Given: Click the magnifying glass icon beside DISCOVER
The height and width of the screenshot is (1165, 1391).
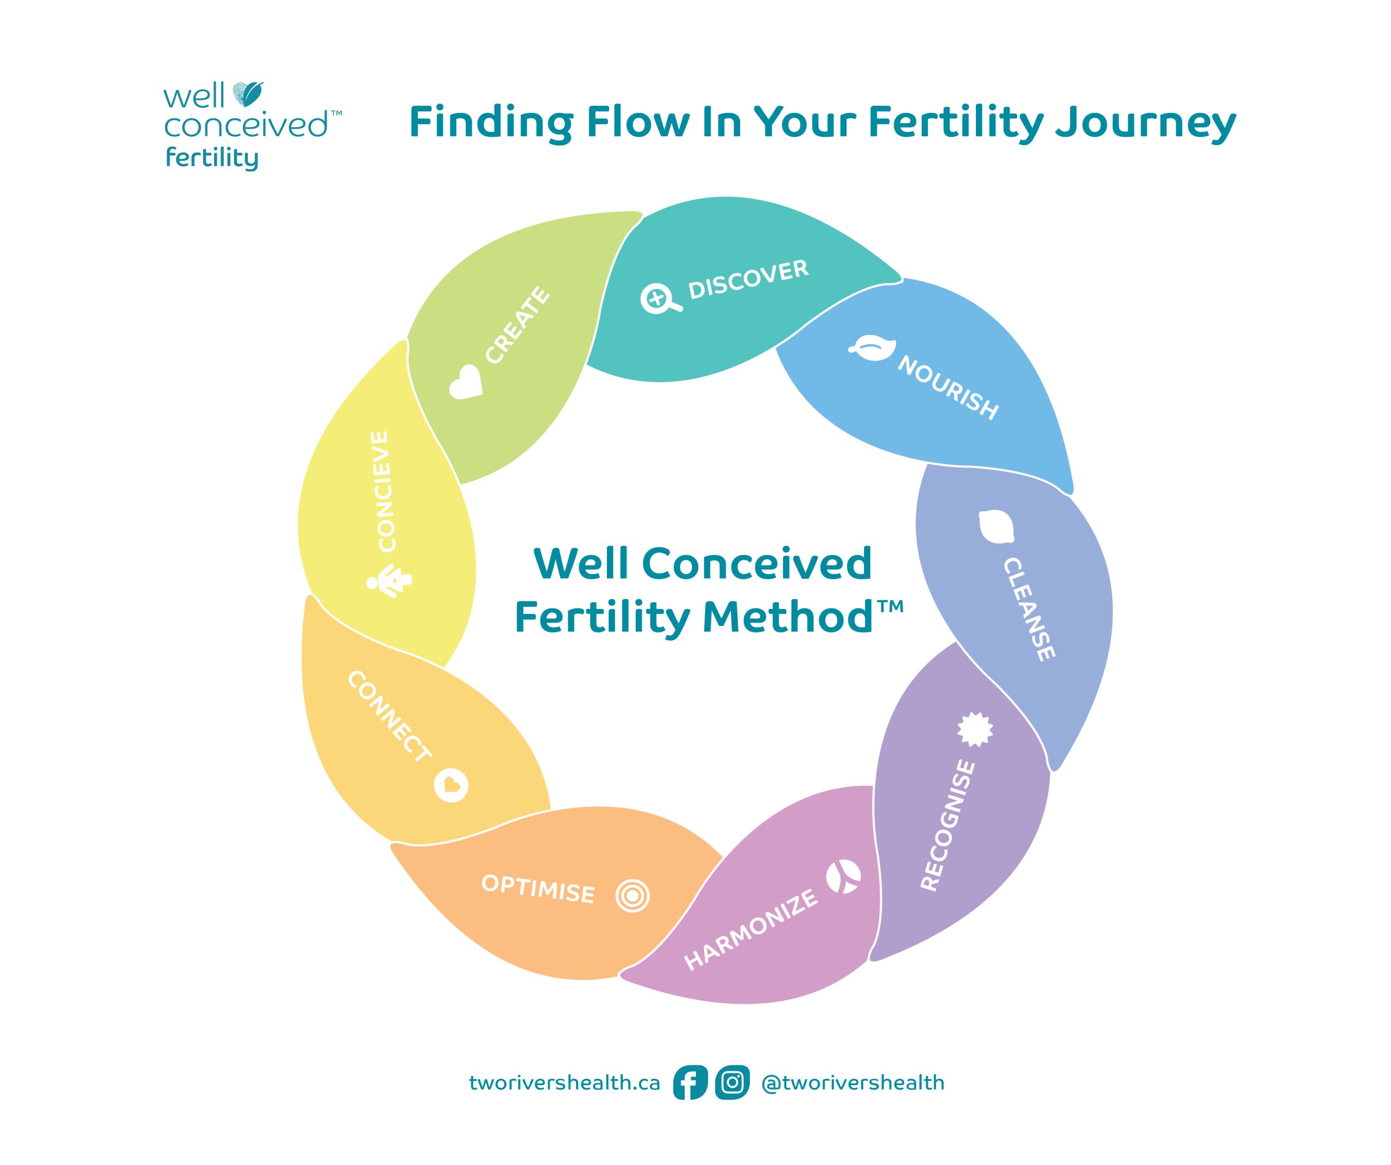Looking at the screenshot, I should [660, 299].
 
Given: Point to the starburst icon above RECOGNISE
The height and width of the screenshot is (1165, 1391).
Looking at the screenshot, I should [975, 729].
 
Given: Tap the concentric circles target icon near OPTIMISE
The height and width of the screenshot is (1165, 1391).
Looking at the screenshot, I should [632, 896].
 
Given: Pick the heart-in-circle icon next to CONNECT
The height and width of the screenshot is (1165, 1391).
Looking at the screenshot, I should [451, 786].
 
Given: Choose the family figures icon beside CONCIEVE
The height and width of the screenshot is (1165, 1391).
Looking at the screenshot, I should [389, 580].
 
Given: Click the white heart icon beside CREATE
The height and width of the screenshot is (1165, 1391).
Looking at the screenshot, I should [465, 382].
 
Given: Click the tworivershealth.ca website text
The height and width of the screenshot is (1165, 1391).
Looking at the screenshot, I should [565, 1082].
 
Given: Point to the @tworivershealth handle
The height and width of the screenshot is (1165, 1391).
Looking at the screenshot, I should [853, 1082].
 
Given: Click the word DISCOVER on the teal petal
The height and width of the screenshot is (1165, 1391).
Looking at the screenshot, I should [749, 280].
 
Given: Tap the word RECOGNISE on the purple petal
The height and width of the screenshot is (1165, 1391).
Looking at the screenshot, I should [949, 825].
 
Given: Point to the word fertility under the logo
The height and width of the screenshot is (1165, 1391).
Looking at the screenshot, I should [211, 160].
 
